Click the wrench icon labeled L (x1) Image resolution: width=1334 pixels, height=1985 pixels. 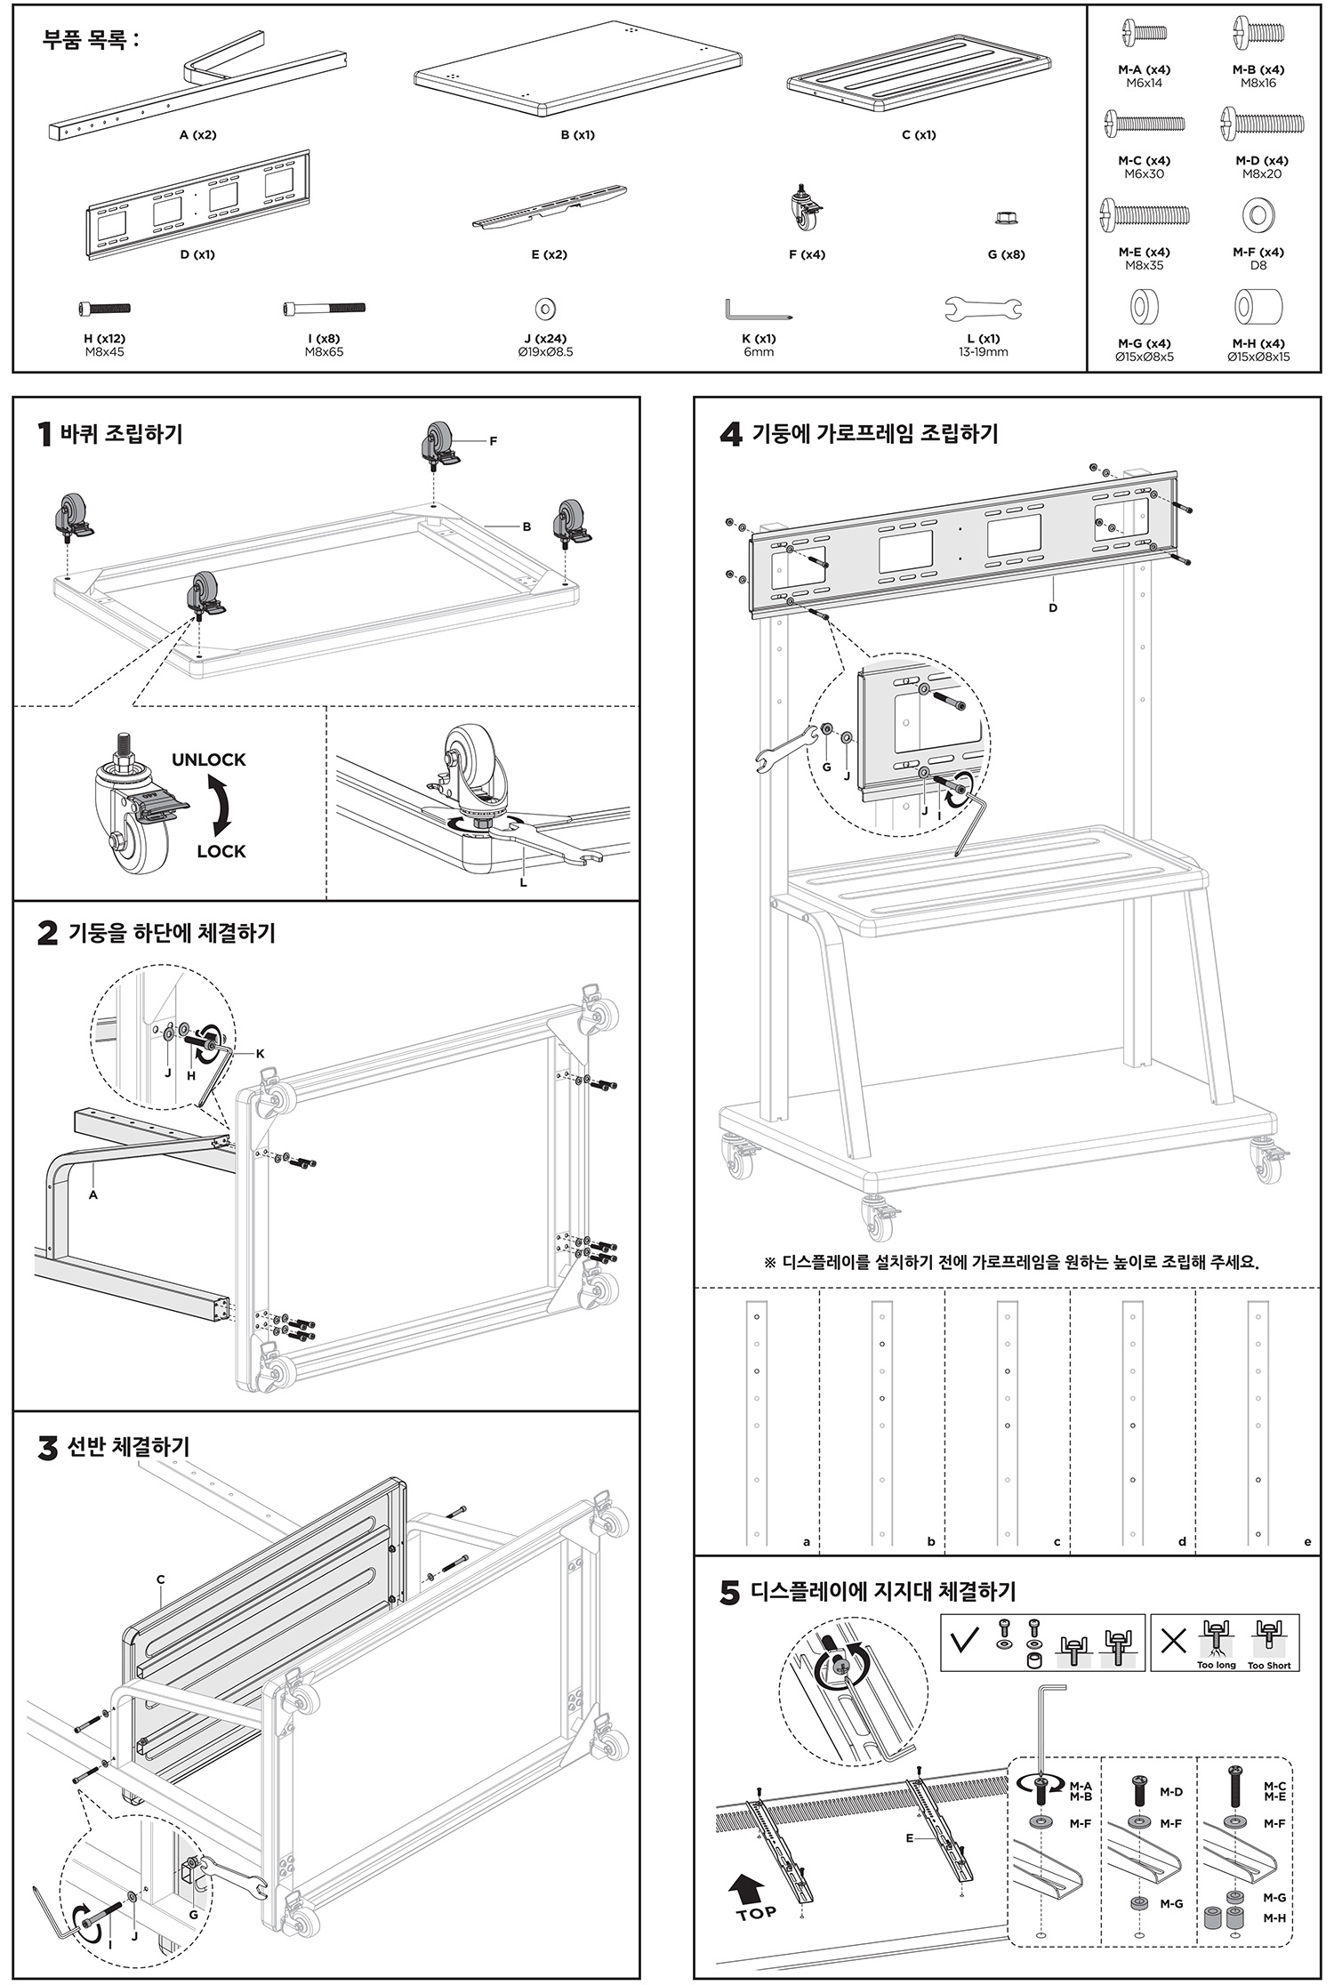[x=983, y=309]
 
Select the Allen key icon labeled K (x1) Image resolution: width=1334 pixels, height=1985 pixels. [x=758, y=311]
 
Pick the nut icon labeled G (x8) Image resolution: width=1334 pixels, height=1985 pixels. [x=1007, y=218]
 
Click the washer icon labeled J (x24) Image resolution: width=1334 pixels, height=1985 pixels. [x=545, y=309]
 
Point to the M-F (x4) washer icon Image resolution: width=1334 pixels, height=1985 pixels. [x=1258, y=215]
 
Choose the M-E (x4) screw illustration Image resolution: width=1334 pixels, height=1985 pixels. [x=1145, y=213]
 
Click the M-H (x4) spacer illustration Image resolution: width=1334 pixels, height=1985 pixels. [x=1258, y=308]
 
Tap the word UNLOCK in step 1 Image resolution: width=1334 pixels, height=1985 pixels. [x=208, y=759]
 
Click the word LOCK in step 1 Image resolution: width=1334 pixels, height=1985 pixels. [x=221, y=851]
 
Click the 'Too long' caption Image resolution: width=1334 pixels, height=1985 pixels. [x=1216, y=1665]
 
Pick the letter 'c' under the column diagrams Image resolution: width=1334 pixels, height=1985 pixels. [x=1057, y=1542]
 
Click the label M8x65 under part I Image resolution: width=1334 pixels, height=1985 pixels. [x=324, y=352]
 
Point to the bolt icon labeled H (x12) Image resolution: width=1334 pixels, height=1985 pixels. [x=105, y=309]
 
